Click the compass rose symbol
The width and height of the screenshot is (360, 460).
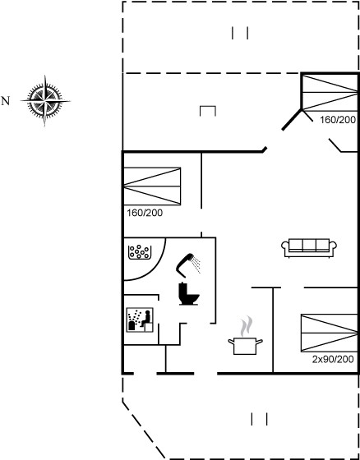click(45, 101)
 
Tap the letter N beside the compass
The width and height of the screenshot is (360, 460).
click(6, 101)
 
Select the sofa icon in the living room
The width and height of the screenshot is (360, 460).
click(309, 248)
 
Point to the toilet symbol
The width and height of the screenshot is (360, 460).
click(189, 294)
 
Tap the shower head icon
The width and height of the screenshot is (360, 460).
click(185, 264)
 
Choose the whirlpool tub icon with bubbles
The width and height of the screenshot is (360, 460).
click(140, 252)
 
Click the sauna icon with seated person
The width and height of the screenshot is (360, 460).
click(140, 320)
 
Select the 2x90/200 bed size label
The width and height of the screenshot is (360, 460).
click(333, 360)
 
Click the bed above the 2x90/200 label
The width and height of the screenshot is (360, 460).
click(330, 333)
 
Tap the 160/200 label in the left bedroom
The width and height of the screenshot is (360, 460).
click(145, 213)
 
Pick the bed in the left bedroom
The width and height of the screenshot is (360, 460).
click(152, 186)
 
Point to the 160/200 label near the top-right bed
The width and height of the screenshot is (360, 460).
click(338, 120)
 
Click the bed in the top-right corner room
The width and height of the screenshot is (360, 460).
click(330, 93)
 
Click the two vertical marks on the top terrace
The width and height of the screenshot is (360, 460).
click(240, 33)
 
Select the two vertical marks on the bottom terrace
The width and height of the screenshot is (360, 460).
click(259, 419)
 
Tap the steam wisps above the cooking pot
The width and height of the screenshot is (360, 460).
click(247, 326)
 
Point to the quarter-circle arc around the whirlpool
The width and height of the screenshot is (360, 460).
click(158, 268)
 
